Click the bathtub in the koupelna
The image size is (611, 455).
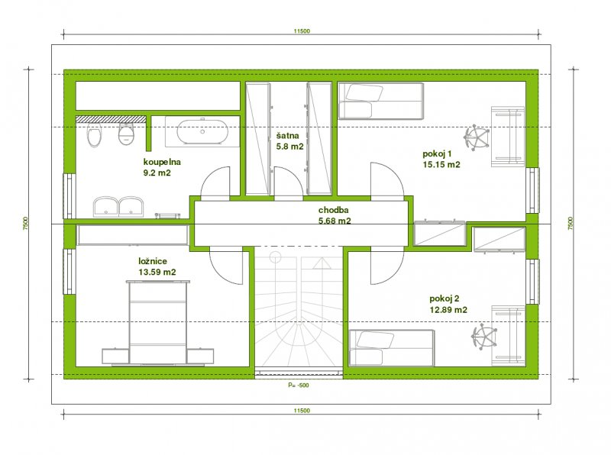[x=202, y=131]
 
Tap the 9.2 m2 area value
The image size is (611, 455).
[x=157, y=173]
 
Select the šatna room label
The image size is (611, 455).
[x=288, y=136]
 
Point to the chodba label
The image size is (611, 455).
[x=334, y=210]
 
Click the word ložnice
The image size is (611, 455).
[x=153, y=261]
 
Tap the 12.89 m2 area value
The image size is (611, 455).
[x=448, y=310]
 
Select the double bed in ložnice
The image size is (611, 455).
[x=158, y=323]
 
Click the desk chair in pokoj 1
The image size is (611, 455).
[x=476, y=137]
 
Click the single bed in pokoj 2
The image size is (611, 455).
[x=391, y=348]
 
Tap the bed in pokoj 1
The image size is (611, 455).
[x=380, y=101]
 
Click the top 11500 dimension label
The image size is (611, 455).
[x=302, y=31]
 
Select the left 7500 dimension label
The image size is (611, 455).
[x=25, y=224]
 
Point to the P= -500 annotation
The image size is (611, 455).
[x=299, y=386]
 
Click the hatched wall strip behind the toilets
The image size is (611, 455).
[x=110, y=118]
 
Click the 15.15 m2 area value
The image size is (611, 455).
[x=441, y=165]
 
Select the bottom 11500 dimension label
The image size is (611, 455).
[x=302, y=410]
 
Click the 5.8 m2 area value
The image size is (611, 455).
[x=289, y=147]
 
